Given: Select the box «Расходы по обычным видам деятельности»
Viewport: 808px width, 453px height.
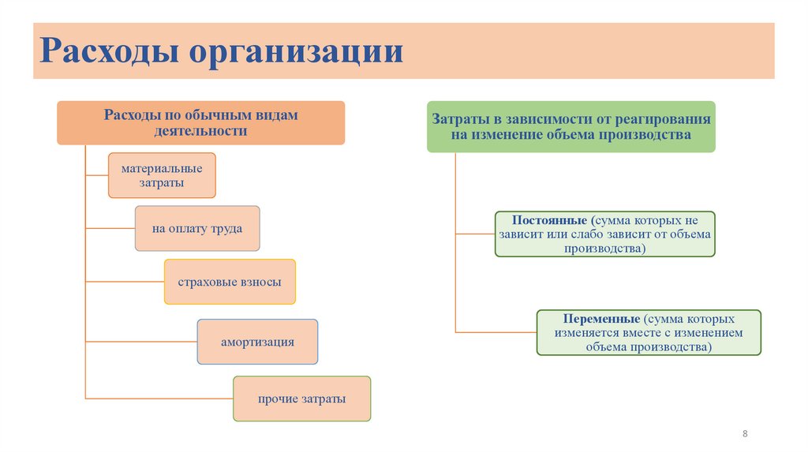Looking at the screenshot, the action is (200, 122).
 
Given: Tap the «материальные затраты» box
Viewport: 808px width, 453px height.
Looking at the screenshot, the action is (162, 175).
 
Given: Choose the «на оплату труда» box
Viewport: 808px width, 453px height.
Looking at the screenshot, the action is (197, 229).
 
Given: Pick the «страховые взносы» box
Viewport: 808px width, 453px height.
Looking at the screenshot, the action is (230, 282).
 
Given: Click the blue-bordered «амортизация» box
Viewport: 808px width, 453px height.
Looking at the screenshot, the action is (257, 342).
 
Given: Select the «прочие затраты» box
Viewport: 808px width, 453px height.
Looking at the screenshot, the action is (301, 399).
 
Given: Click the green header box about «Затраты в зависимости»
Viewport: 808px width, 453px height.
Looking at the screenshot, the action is (570, 126).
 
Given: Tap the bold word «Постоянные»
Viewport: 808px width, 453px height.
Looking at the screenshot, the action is (548, 219).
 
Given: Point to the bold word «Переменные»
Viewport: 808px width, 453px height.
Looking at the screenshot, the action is (601, 319).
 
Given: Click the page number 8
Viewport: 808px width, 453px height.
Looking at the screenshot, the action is (745, 434).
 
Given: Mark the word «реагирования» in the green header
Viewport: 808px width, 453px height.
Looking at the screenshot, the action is (668, 119).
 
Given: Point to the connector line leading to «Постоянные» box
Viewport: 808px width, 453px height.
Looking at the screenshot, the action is (475, 234).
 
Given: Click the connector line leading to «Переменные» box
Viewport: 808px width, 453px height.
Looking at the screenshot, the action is (496, 332).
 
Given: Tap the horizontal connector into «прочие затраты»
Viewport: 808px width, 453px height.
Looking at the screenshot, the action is (159, 399).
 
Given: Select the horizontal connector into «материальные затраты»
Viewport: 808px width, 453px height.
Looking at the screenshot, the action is (96, 175).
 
